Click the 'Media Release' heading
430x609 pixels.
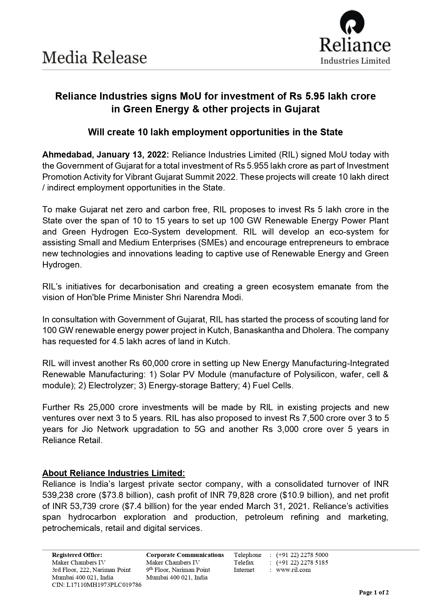pos(95,58)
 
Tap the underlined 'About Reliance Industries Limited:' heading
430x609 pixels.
pos(114,473)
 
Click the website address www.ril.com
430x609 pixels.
pos(293,569)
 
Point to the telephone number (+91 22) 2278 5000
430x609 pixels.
pos(302,555)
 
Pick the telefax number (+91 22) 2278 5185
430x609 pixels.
pos(302,562)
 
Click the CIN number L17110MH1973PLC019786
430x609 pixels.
pos(96,585)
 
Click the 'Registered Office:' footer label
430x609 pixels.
pos(77,555)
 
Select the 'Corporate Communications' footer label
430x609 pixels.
pos(185,555)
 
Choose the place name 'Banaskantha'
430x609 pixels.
pos(261,330)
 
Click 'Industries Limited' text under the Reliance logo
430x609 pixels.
pos(355,61)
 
